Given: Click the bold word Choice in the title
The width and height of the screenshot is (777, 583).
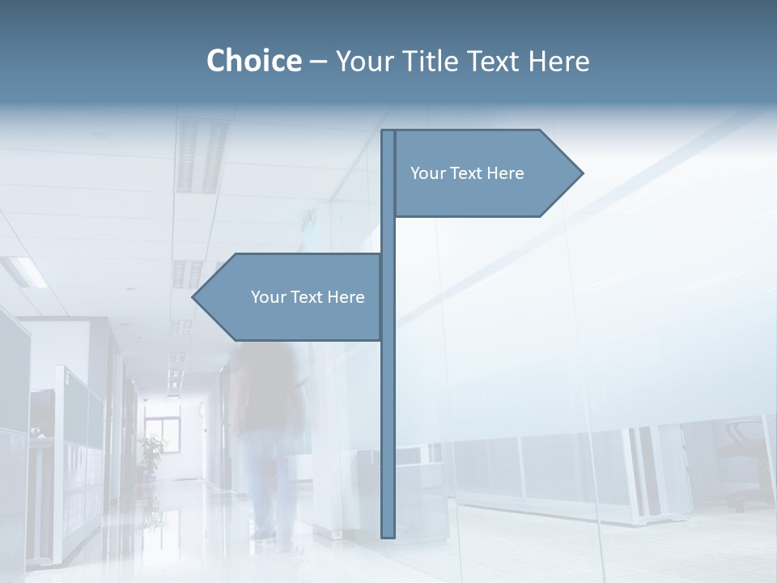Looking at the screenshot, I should click(253, 61).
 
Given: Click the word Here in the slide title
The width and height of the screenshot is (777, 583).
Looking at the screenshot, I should click(558, 61).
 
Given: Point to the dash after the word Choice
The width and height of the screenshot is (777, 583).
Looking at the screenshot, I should click(318, 62).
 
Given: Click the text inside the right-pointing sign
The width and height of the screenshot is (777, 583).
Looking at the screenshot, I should click(467, 173).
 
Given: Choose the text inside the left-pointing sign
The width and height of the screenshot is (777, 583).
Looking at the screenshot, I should click(308, 297).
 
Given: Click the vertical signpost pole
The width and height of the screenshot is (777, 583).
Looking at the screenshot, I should click(388, 405).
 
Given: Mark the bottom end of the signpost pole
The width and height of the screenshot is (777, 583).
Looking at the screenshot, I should click(388, 534).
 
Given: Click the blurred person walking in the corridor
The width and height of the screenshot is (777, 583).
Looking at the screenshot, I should click(271, 429).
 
